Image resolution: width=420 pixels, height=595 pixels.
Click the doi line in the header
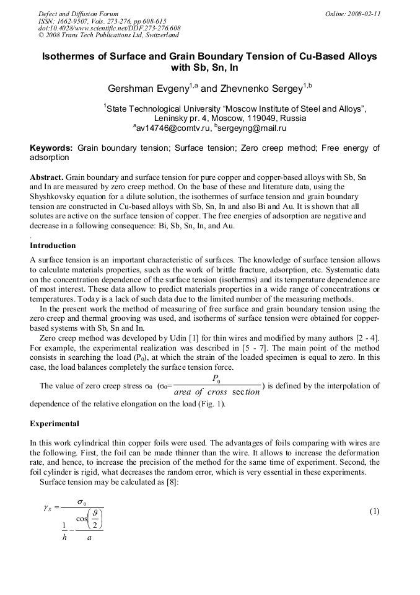click(x=110, y=28)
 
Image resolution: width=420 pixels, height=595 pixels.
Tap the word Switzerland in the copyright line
click(x=159, y=35)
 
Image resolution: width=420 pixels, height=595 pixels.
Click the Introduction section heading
click(x=53, y=246)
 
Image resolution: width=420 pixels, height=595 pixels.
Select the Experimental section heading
click(x=55, y=424)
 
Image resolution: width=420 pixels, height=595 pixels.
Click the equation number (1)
click(x=374, y=511)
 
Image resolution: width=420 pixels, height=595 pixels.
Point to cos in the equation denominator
click(x=82, y=519)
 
